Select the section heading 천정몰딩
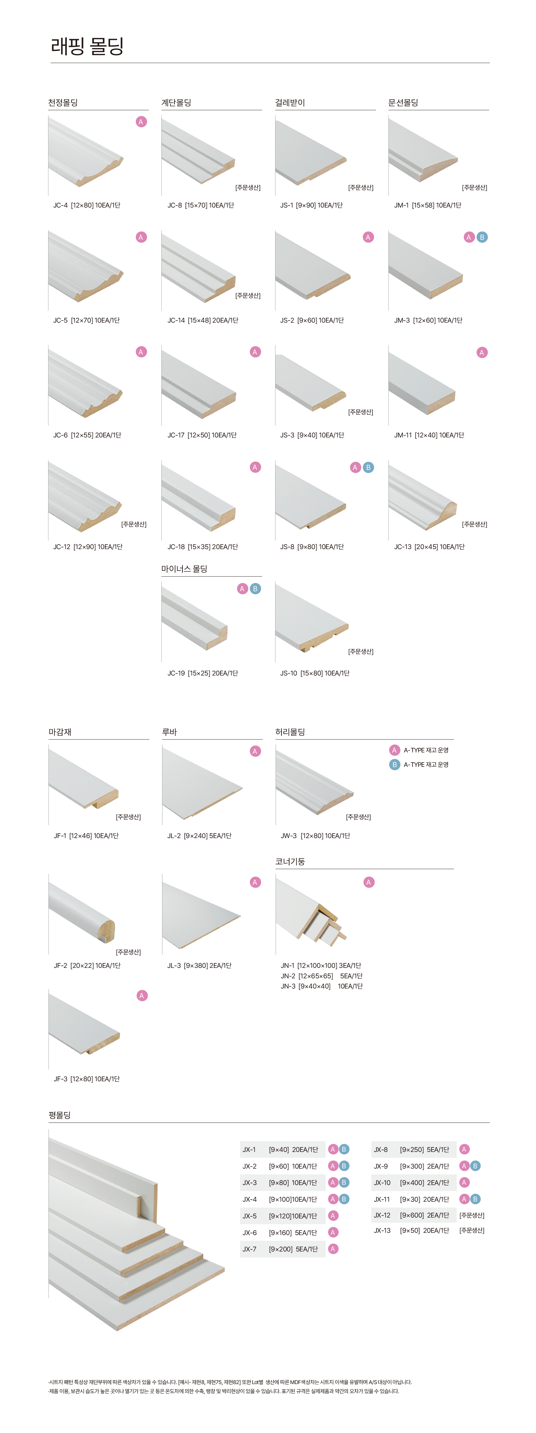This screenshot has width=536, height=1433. click(63, 102)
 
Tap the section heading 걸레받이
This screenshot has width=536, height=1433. click(290, 102)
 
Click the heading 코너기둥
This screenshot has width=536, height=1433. click(290, 861)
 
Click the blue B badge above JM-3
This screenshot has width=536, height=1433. click(482, 237)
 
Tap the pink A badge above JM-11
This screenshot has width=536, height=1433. click(482, 352)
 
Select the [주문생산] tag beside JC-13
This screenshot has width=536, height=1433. click(474, 524)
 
